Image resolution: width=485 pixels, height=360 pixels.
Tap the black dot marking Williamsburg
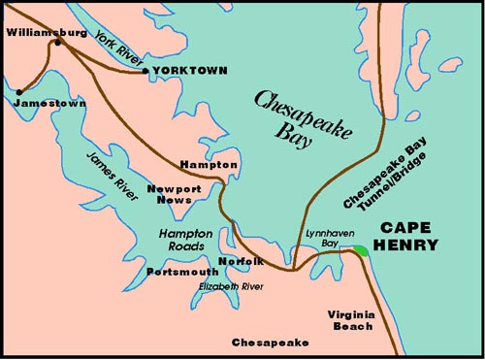click(58, 43)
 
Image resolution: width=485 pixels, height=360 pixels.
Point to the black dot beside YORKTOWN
click(145, 71)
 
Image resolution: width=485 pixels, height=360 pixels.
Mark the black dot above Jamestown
click(18, 92)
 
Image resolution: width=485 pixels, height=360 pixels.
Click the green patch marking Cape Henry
click(361, 250)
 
